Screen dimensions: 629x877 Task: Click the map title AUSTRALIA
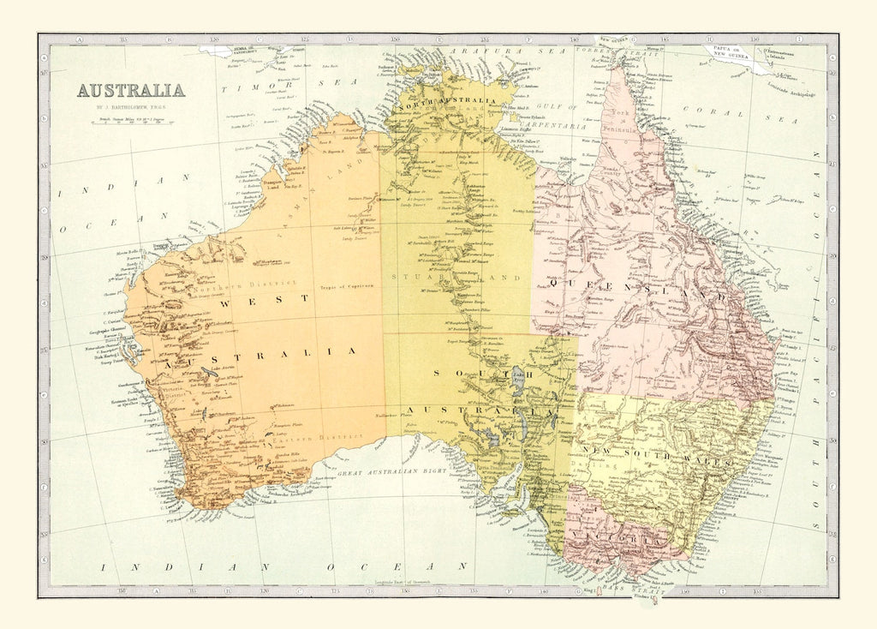pyautogui.click(x=130, y=90)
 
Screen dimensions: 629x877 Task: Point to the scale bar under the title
pyautogui.click(x=130, y=121)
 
